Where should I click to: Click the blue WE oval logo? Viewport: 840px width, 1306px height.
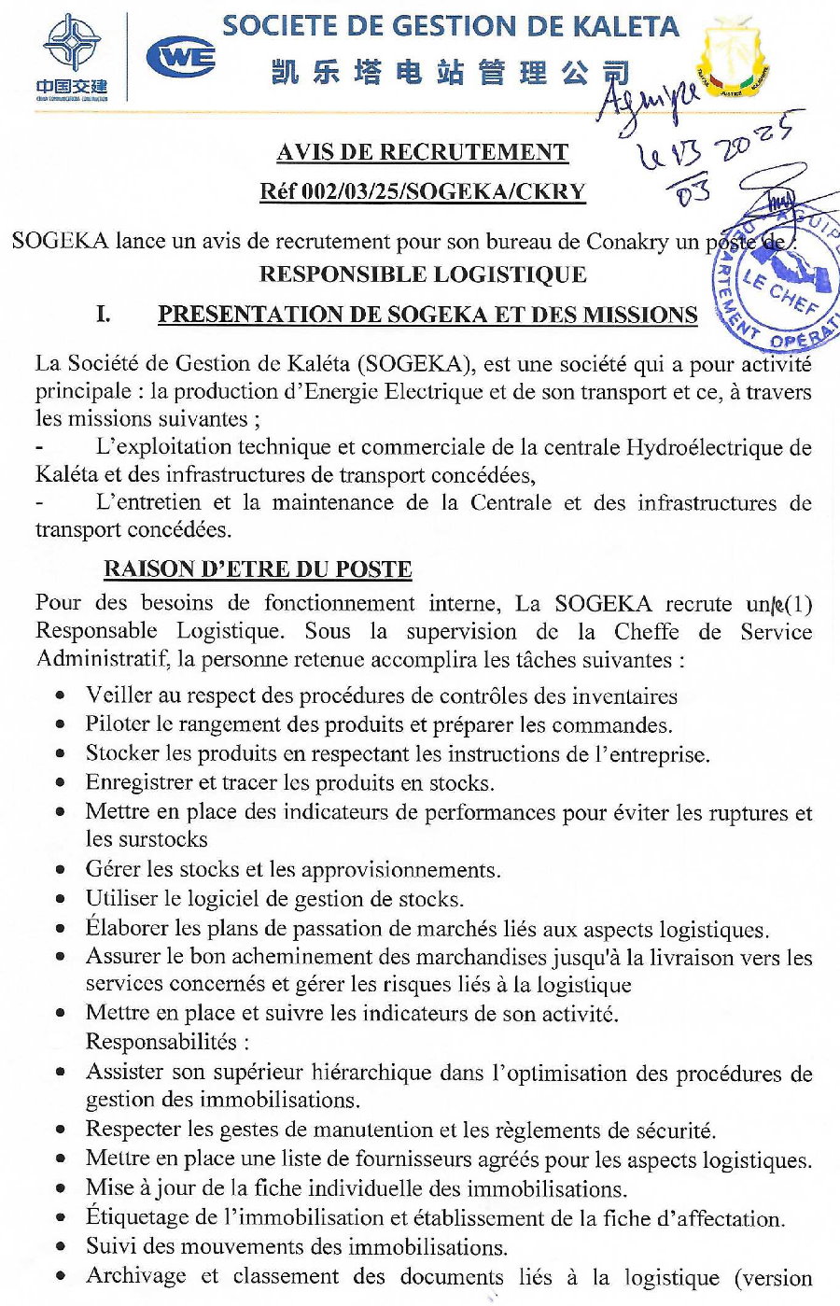tap(181, 58)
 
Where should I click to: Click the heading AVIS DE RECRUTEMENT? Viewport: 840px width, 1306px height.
tap(423, 152)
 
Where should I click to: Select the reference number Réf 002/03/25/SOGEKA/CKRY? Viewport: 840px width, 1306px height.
tap(423, 192)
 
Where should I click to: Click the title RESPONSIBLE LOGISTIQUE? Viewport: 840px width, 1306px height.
tap(423, 274)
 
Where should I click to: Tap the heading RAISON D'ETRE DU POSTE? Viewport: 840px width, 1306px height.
tap(258, 569)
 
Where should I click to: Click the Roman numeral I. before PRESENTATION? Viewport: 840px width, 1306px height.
tap(104, 315)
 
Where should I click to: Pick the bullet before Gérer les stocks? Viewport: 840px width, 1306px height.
tap(61, 870)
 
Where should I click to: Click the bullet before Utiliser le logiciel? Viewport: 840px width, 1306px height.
tap(61, 900)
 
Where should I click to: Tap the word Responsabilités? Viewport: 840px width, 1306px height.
tap(166, 1042)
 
